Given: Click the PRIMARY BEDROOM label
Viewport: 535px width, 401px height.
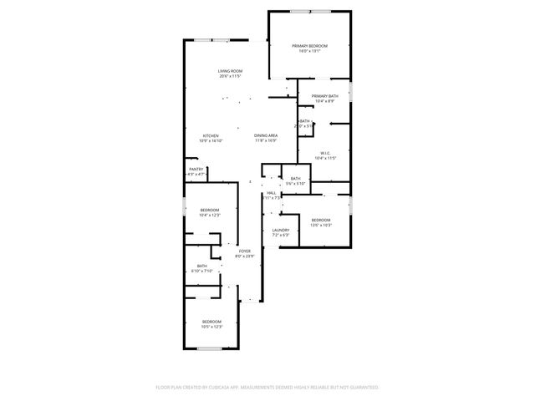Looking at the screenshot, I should coord(309,45).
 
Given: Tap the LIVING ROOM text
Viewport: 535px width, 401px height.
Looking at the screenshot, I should coord(230,71).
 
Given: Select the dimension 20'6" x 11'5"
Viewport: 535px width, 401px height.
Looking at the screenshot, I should coord(230,77).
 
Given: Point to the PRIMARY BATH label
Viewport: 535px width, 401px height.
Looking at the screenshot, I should coord(324,96).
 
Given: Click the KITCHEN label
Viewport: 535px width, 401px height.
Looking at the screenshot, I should coord(211,135).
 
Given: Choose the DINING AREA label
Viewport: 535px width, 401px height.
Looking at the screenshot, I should coord(267,135).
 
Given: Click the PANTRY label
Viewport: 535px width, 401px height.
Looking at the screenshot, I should coord(196,170).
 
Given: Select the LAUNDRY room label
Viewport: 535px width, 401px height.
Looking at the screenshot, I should coord(280,230).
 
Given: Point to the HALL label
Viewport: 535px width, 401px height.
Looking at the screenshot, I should coord(271,193).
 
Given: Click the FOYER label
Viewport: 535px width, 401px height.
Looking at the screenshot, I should coord(245,251).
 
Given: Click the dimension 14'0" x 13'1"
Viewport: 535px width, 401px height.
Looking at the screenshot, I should coord(309,51).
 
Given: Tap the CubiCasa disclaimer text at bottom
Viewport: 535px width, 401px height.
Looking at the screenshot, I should coord(267,388).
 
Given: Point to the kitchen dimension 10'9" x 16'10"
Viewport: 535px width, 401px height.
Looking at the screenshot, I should coord(211,141).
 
